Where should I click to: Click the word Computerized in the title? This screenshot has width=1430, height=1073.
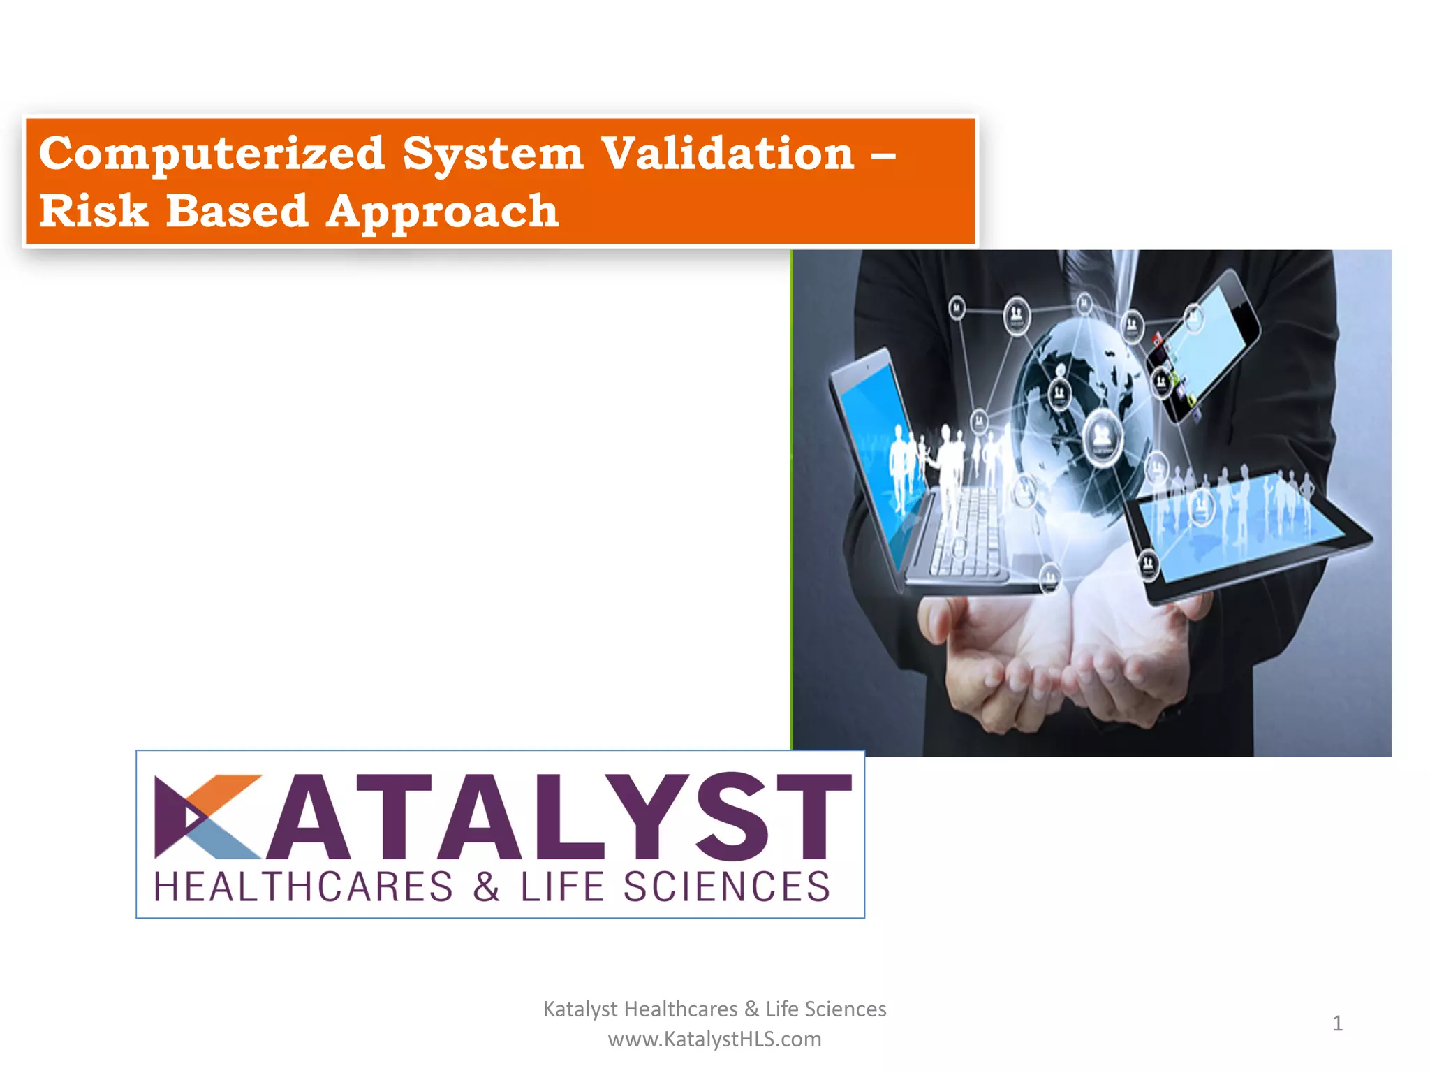[x=212, y=154]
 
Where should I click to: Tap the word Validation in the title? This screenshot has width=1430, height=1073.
[x=728, y=154]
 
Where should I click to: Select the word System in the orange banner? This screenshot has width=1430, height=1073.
[x=492, y=155]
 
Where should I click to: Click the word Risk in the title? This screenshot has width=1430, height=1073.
[x=94, y=211]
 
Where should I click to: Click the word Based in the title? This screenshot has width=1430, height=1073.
[x=237, y=211]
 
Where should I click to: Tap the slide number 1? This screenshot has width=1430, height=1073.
[x=1337, y=1023]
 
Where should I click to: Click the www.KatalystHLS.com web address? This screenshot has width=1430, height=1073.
[x=714, y=1039]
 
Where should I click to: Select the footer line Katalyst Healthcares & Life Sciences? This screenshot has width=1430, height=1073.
[x=714, y=1009]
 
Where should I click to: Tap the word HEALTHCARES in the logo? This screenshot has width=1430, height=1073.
[x=303, y=888]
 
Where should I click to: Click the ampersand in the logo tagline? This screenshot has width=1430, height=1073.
[x=486, y=888]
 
